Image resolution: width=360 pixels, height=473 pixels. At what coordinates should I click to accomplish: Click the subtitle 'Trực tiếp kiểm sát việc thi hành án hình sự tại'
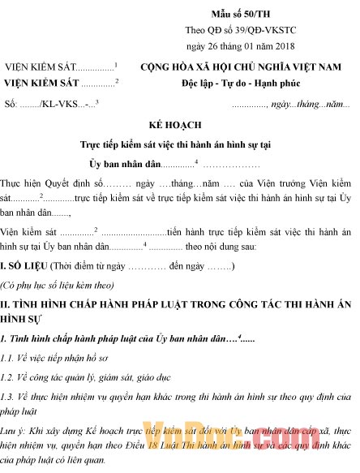[180, 144]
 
